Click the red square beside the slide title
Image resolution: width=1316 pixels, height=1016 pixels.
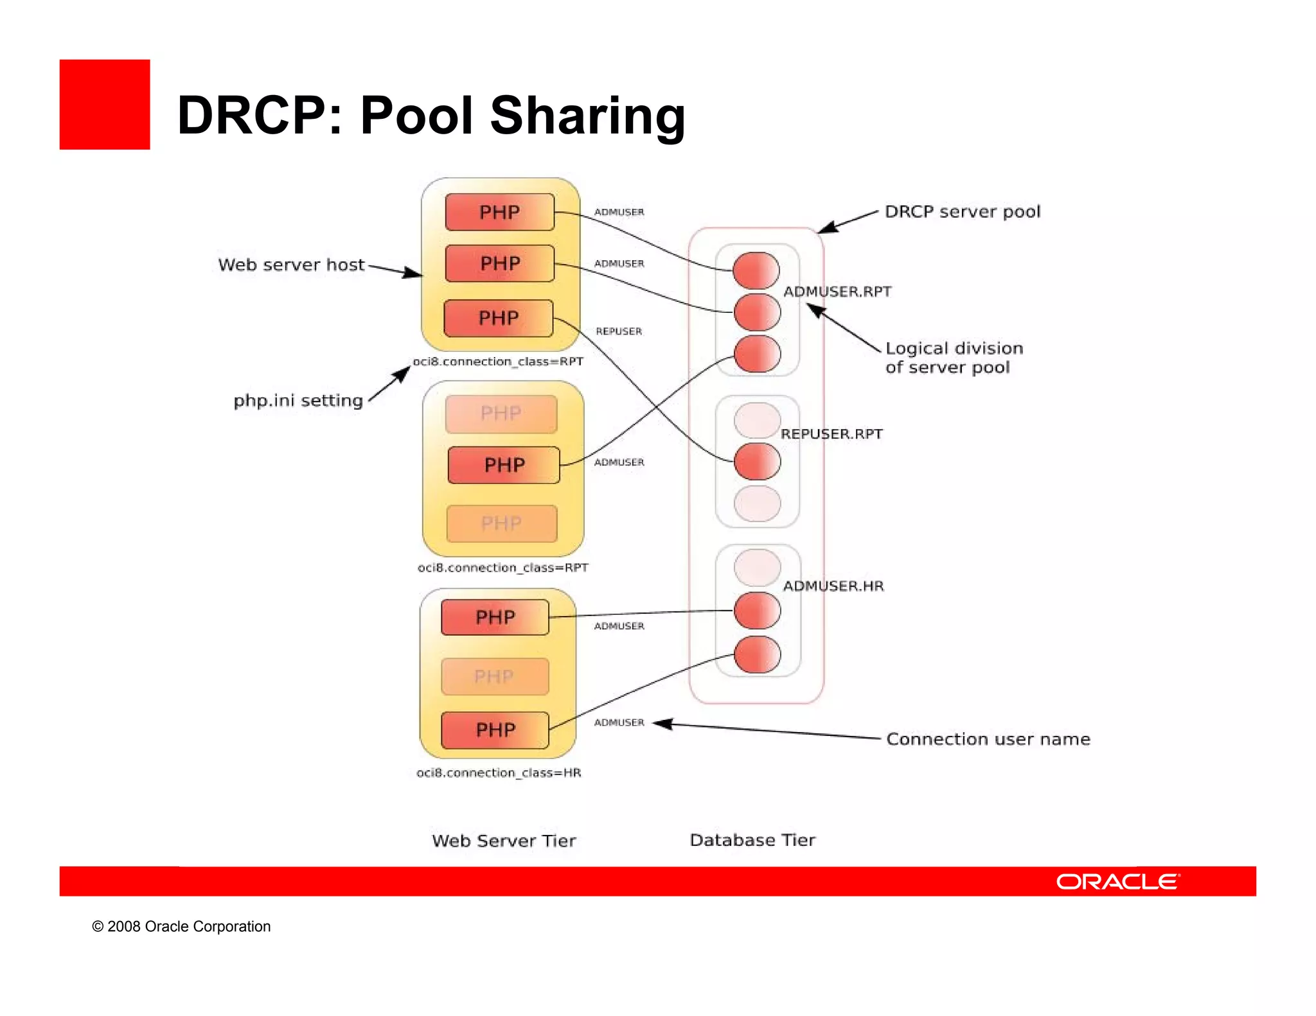click(x=105, y=105)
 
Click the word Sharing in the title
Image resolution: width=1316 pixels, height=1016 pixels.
click(x=587, y=116)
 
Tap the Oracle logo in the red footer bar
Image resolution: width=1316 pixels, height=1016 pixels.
click(x=1117, y=881)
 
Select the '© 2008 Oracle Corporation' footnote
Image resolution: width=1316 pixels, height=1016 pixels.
click(x=181, y=926)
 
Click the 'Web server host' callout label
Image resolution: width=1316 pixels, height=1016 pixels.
click(x=291, y=265)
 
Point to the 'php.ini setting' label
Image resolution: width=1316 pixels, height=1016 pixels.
click(x=298, y=400)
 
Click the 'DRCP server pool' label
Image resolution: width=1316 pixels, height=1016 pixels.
click(x=962, y=211)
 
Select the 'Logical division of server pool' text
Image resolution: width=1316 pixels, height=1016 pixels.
click(x=954, y=358)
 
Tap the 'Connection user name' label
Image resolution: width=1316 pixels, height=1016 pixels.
click(x=988, y=739)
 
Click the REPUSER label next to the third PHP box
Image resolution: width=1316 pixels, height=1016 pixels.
click(x=619, y=331)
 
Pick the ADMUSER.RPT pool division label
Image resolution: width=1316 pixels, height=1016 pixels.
click(x=837, y=292)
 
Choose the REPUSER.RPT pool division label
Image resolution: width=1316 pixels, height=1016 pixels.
click(x=831, y=434)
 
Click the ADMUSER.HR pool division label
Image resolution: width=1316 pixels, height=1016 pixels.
click(x=833, y=586)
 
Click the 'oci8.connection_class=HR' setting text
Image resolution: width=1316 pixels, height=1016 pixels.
click(x=499, y=773)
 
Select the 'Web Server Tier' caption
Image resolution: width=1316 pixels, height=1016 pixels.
click(x=504, y=841)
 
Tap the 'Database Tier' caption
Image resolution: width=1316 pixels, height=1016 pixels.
click(x=752, y=840)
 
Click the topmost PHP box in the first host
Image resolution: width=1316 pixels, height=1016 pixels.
click(x=499, y=212)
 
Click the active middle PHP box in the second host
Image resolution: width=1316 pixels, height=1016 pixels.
click(x=504, y=465)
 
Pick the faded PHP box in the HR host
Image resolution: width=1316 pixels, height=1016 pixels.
click(x=494, y=676)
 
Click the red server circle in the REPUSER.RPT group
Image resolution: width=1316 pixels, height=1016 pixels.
click(x=757, y=462)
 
